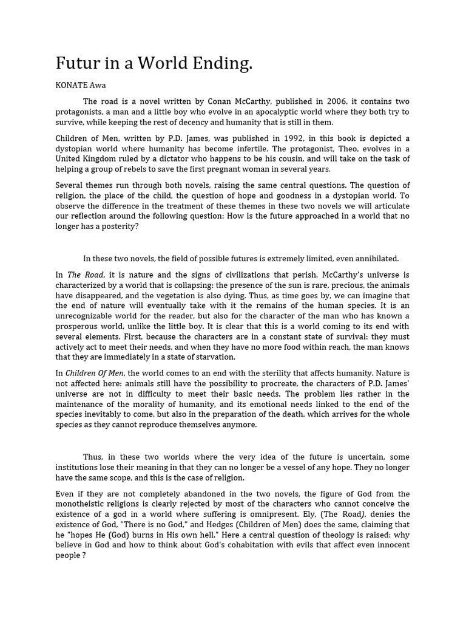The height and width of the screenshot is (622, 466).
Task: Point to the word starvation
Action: pos(214,357)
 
